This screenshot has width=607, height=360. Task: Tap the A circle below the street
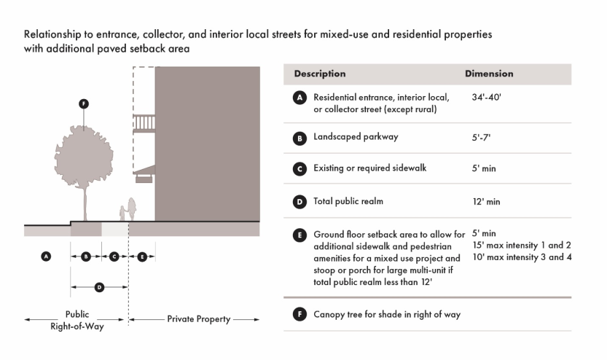(x=46, y=257)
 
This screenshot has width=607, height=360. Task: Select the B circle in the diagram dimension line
(x=86, y=257)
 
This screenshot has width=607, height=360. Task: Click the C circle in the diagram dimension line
(x=114, y=257)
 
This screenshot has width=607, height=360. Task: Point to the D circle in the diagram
(x=99, y=287)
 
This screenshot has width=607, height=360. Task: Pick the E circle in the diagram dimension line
(x=142, y=257)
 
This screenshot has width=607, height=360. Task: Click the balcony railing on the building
(x=144, y=122)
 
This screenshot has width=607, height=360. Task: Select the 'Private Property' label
(x=198, y=319)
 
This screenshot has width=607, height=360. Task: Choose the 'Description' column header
(x=320, y=74)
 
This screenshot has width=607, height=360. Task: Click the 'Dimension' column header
(x=489, y=74)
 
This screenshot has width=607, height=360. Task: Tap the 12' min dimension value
(x=487, y=201)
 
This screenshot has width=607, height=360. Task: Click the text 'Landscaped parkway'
(x=355, y=136)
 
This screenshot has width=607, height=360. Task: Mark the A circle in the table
(x=299, y=98)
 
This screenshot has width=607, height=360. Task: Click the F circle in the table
(x=299, y=315)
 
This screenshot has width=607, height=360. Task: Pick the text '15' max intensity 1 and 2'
(x=521, y=245)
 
